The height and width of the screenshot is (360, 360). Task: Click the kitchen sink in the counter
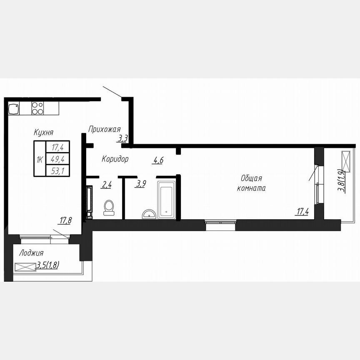[x=14, y=109]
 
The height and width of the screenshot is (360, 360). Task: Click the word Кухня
[x=44, y=132]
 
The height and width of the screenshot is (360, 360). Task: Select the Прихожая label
[x=105, y=129]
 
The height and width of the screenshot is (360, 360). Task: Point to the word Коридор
[x=115, y=159]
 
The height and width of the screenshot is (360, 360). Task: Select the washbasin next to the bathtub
[x=149, y=214]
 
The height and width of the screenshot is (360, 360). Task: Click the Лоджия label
[x=31, y=253]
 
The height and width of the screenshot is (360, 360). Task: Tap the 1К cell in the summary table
[x=40, y=159]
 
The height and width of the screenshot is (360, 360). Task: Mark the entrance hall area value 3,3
[x=122, y=138]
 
